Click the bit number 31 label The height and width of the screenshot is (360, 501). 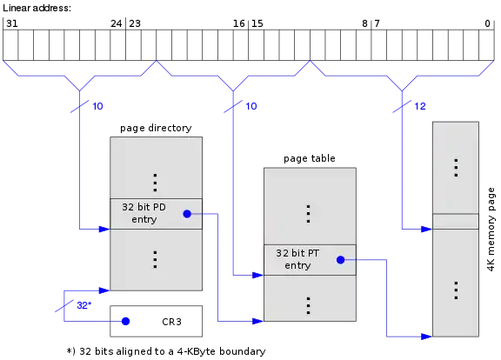[x=12, y=23]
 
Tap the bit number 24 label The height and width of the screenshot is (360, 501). [x=117, y=23]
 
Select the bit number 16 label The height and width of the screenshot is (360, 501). [x=238, y=23]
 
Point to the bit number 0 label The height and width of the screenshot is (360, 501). [x=487, y=23]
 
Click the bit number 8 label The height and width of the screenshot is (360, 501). [x=364, y=23]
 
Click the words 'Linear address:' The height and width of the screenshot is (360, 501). [x=37, y=8]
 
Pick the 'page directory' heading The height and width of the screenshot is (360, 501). [x=156, y=128]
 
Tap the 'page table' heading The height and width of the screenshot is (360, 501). [x=310, y=158]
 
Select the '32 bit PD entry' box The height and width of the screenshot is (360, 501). [x=156, y=214]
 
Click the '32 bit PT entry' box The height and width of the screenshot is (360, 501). [x=310, y=260]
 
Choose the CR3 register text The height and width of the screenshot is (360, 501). [x=171, y=322]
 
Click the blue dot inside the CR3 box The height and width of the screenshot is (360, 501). [x=125, y=322]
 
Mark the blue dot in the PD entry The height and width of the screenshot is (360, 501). [x=187, y=214]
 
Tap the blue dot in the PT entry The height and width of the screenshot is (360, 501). [x=341, y=260]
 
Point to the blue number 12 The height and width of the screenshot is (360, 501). [x=420, y=106]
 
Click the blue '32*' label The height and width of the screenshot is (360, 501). [x=84, y=305]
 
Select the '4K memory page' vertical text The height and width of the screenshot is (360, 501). [x=491, y=230]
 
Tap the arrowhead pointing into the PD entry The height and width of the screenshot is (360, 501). [x=104, y=229]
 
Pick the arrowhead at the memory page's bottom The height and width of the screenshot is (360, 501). [x=427, y=337]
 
